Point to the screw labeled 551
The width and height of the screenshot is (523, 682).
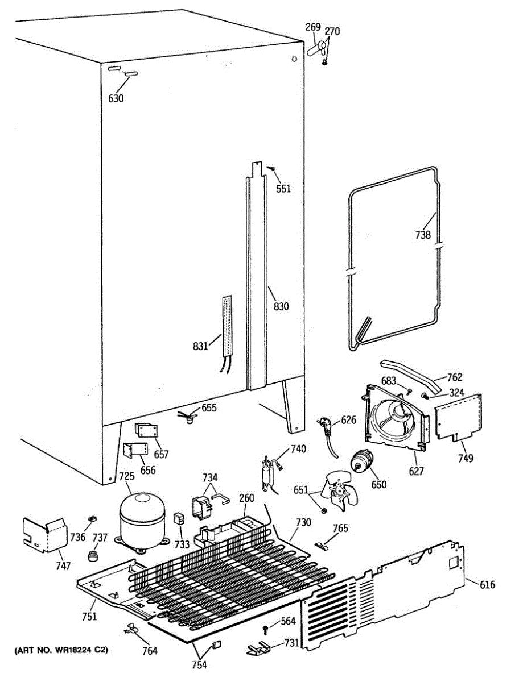click(x=272, y=169)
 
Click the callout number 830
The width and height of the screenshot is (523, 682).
click(x=281, y=307)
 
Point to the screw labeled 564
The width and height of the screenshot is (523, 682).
click(x=266, y=627)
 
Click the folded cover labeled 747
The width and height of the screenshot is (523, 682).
click(x=44, y=534)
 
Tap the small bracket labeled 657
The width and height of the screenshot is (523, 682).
click(x=145, y=431)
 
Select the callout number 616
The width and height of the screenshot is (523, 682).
click(x=487, y=584)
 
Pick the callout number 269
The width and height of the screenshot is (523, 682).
click(x=313, y=27)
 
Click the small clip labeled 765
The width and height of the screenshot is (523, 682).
click(x=323, y=546)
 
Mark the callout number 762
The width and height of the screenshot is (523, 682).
click(x=454, y=376)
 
